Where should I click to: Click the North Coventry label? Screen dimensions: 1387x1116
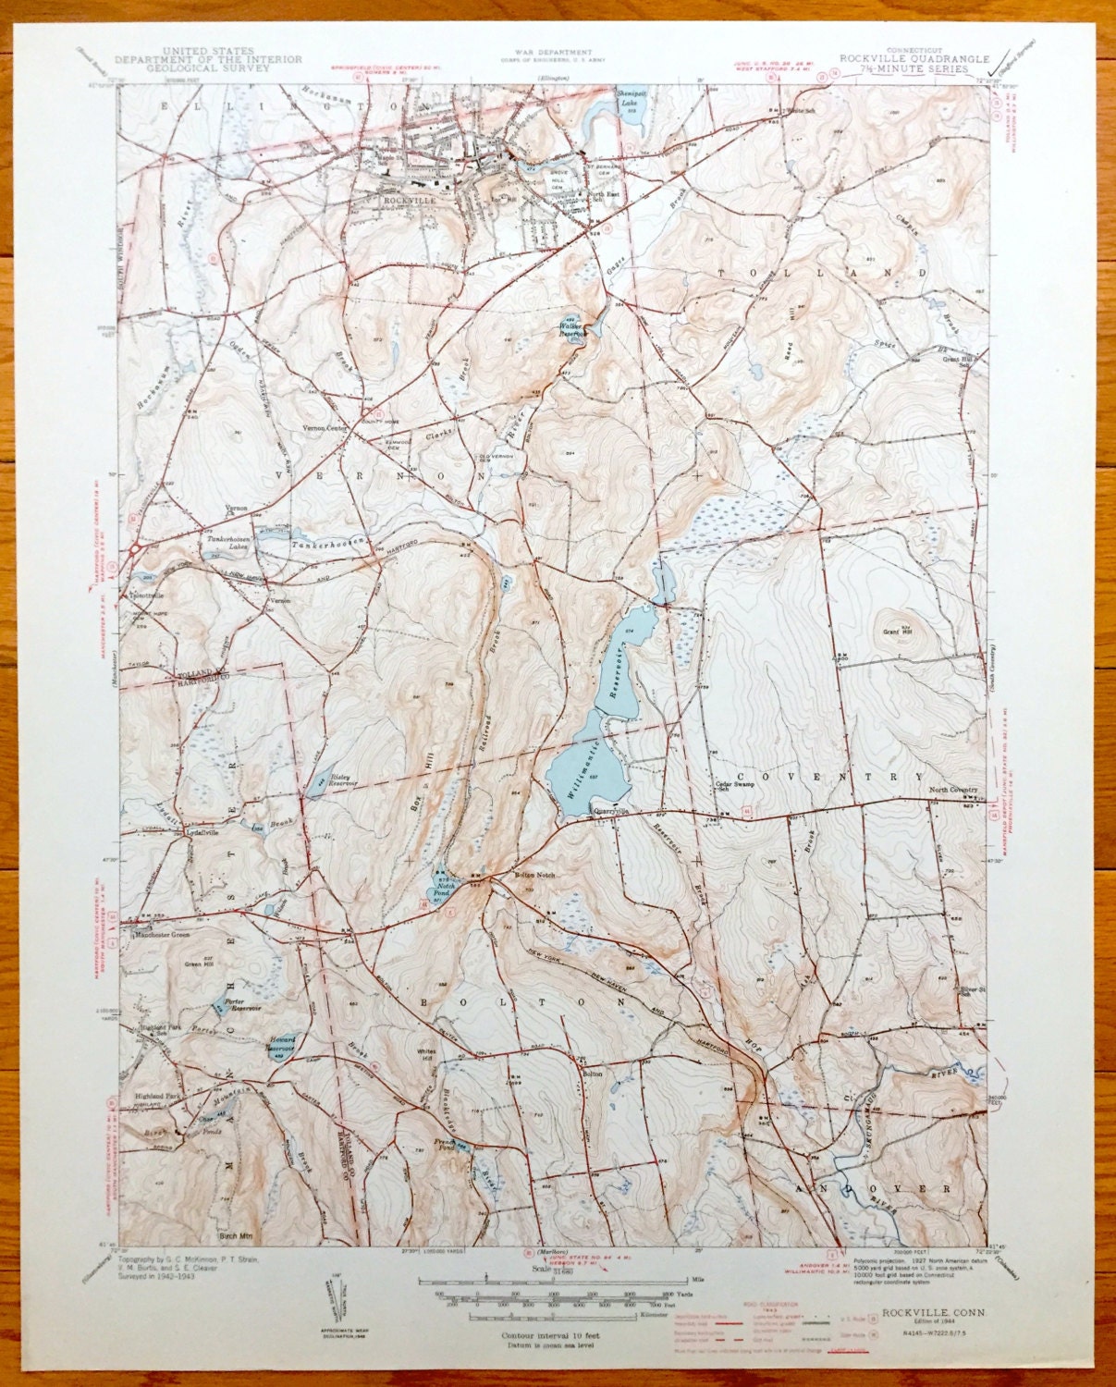click(x=953, y=789)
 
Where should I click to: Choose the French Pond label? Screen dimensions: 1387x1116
click(x=448, y=1145)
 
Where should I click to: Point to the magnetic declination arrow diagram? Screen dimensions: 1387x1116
click(x=333, y=1304)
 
